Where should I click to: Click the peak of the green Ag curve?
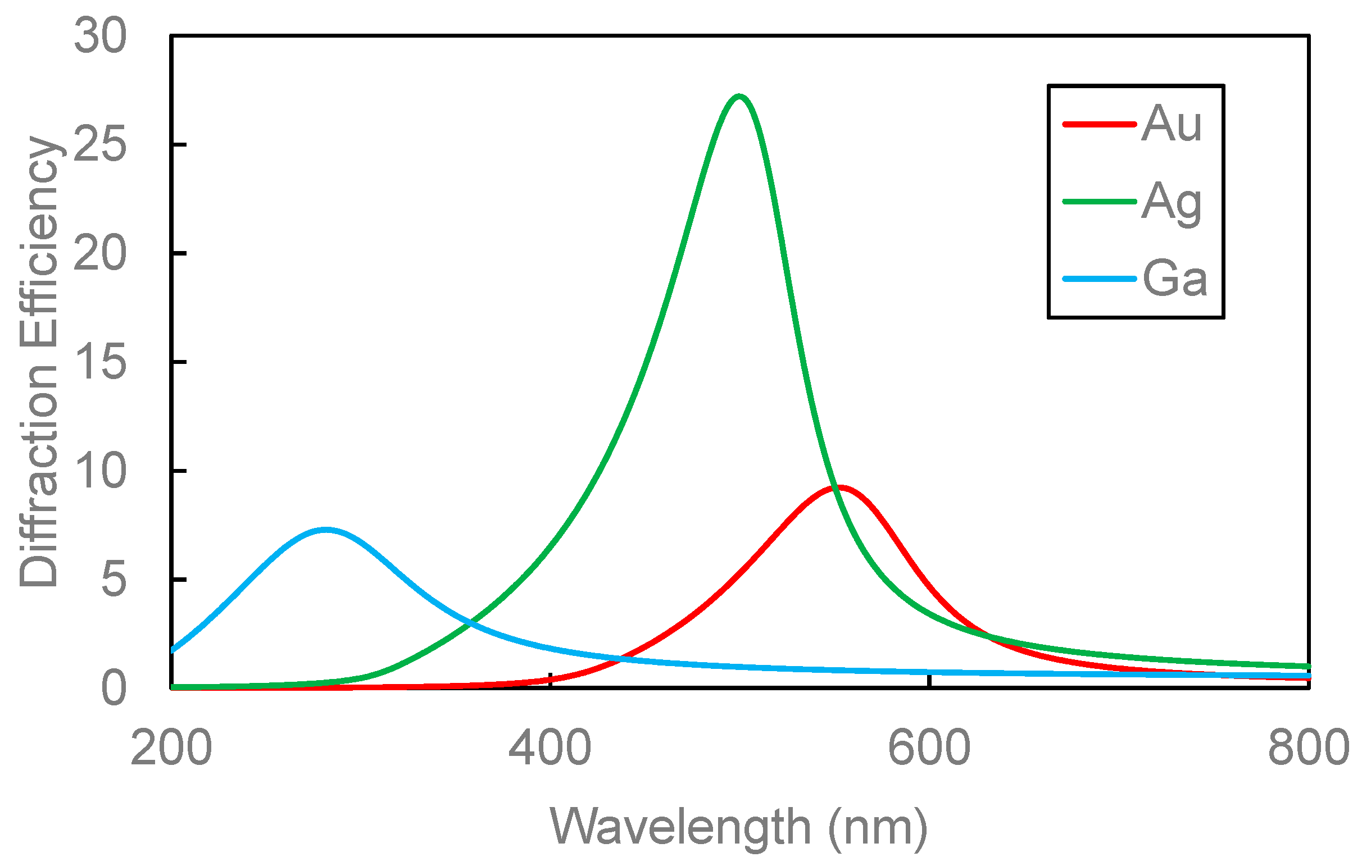point(738,97)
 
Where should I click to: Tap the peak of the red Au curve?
point(841,487)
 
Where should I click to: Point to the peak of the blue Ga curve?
point(326,530)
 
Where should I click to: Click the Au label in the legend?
point(1172,124)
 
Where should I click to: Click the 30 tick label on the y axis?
point(100,37)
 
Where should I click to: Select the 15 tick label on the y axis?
point(100,362)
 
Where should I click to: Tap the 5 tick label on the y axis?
point(114,580)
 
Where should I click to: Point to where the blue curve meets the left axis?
point(172,650)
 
